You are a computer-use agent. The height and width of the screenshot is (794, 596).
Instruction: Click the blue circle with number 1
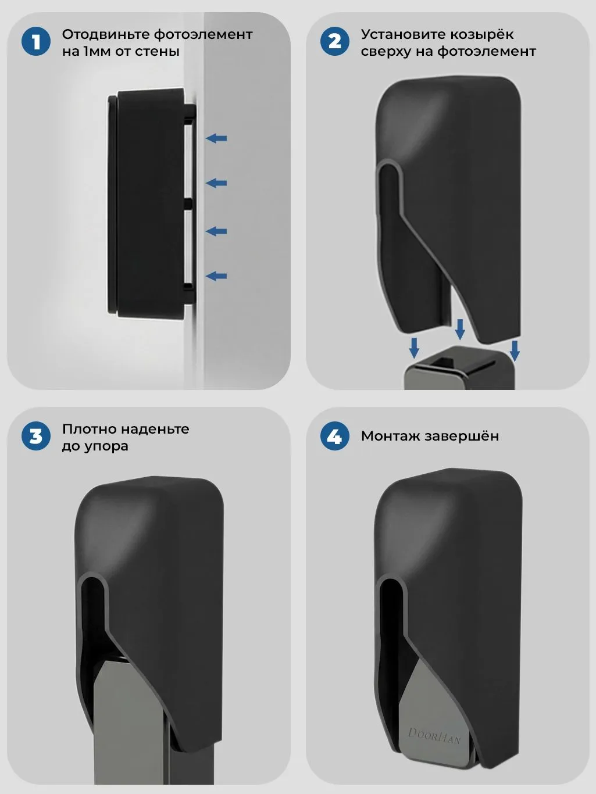(x=36, y=42)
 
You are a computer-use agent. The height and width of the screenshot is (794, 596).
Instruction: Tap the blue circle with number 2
(x=335, y=42)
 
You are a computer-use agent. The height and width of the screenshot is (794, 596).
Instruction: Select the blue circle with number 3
(x=36, y=436)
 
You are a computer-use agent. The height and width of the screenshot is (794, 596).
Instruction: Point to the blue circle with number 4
(x=335, y=436)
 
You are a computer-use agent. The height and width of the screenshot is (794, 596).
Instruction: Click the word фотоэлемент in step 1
(x=204, y=35)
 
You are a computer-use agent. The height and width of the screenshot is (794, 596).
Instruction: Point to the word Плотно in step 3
(x=89, y=429)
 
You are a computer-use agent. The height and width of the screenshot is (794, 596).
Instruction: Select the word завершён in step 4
(x=462, y=436)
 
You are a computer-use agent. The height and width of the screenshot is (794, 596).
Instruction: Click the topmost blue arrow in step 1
(x=216, y=138)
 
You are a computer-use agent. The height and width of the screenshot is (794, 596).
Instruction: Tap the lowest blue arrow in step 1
(x=216, y=276)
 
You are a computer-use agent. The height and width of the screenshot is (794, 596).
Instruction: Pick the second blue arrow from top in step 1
(x=216, y=183)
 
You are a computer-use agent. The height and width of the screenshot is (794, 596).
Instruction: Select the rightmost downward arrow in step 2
(x=515, y=350)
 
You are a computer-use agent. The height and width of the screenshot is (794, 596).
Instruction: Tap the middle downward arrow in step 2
(x=460, y=330)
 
